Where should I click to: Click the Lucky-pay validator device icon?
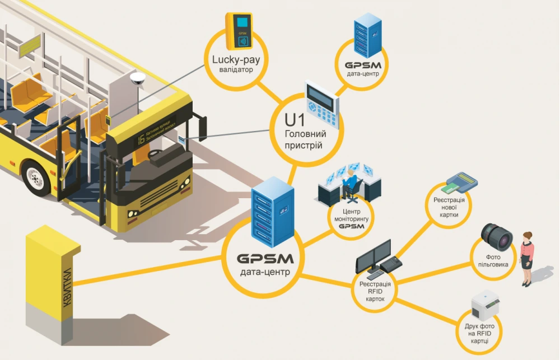(241, 30)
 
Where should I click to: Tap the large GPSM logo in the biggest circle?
(265, 260)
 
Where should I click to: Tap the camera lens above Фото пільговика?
(496, 236)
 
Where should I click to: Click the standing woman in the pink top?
(527, 258)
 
